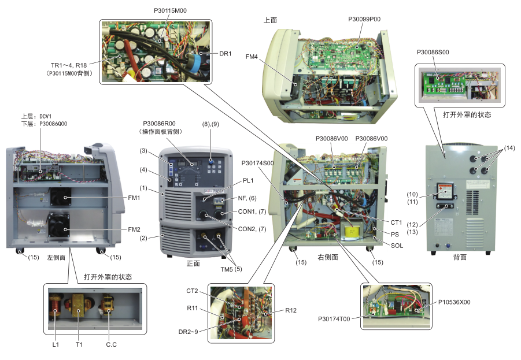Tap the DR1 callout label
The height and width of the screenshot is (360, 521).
(x=226, y=54)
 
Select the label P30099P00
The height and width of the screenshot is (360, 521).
(x=364, y=19)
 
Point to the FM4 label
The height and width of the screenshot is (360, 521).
(x=252, y=57)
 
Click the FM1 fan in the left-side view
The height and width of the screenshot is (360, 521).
(x=60, y=198)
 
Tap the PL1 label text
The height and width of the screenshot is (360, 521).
(x=248, y=180)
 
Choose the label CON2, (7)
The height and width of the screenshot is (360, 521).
(x=252, y=229)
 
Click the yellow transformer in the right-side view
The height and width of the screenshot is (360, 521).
(x=350, y=232)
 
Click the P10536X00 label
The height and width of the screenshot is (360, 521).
(x=454, y=302)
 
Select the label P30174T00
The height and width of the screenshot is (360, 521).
(x=335, y=318)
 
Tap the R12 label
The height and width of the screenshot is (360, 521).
(x=291, y=310)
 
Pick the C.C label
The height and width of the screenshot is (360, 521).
(x=112, y=345)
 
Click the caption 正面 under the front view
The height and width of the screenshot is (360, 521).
(x=193, y=263)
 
